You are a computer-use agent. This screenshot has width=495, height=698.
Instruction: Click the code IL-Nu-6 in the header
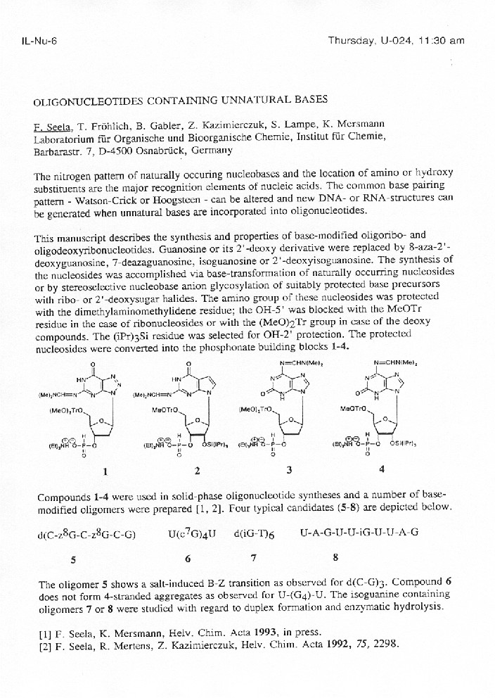(x=39, y=40)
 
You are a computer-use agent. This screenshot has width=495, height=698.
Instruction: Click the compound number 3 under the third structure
(x=288, y=469)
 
